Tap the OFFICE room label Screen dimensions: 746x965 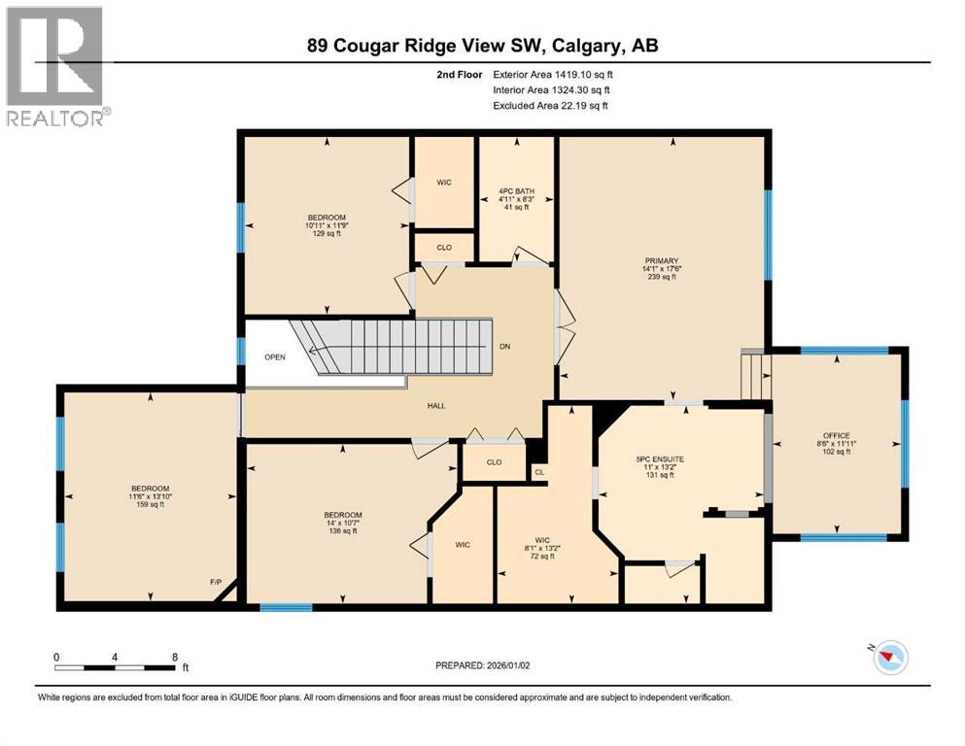pos(836,435)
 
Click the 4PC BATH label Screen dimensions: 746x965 pos(517,191)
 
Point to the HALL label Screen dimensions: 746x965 pos(435,405)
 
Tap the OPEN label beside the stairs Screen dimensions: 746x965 pos(275,356)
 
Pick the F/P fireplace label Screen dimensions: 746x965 pos(216,582)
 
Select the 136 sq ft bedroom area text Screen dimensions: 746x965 pos(343,531)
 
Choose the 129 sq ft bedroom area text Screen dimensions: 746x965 pos(327,233)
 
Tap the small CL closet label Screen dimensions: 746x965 pos(538,472)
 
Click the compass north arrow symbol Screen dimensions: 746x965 pos(888,659)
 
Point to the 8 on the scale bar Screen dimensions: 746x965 pos(174,657)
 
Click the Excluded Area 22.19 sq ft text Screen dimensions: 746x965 pos(550,105)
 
